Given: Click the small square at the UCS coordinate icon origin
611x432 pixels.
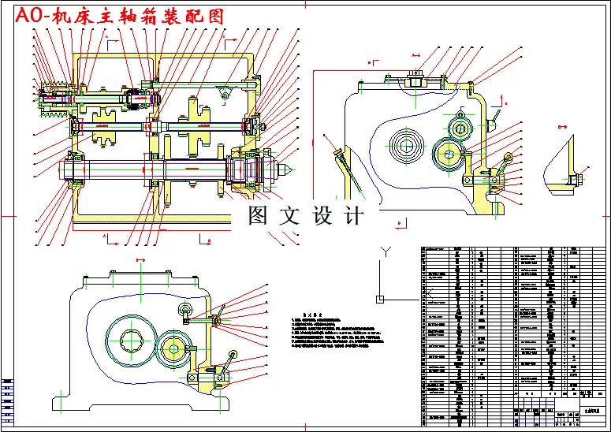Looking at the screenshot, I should tap(380, 299).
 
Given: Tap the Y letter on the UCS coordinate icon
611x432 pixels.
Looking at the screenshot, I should tap(384, 251).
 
